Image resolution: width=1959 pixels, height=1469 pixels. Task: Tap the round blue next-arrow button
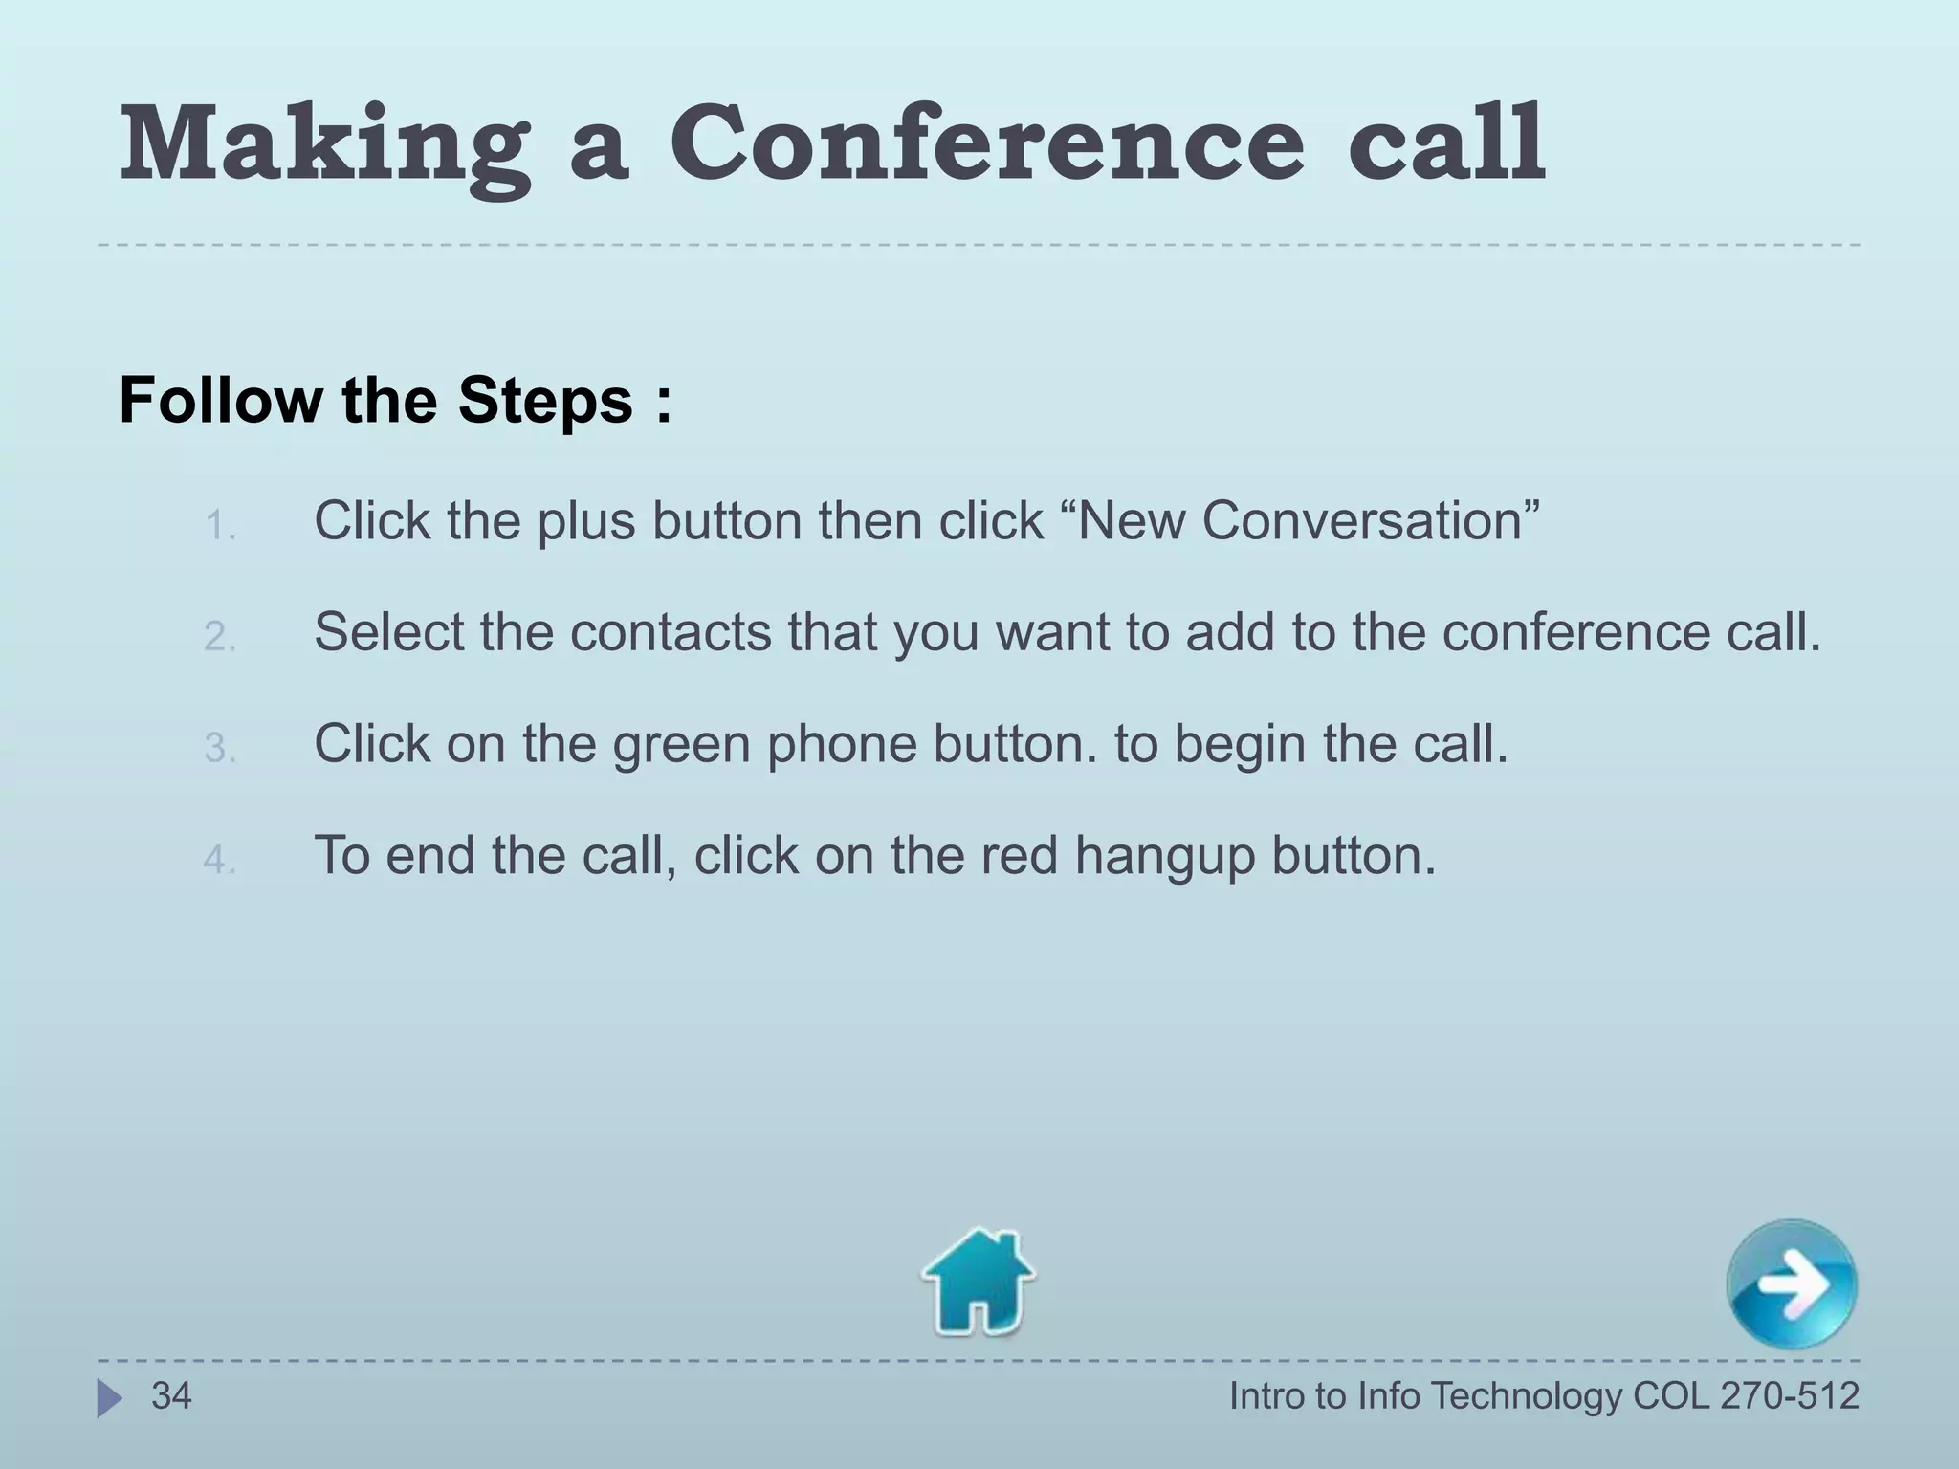(1792, 1284)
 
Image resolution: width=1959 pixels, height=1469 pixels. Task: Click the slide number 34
(171, 1396)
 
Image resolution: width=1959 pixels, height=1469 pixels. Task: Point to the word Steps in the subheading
(545, 400)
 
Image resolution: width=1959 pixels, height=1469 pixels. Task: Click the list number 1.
(219, 526)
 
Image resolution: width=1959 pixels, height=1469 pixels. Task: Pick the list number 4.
(219, 860)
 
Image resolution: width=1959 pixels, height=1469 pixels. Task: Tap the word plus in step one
(584, 522)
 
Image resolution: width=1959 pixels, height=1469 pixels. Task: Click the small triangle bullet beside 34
(109, 1398)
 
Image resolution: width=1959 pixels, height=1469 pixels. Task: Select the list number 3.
(219, 749)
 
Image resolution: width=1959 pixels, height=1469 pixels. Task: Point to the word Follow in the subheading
(221, 400)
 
